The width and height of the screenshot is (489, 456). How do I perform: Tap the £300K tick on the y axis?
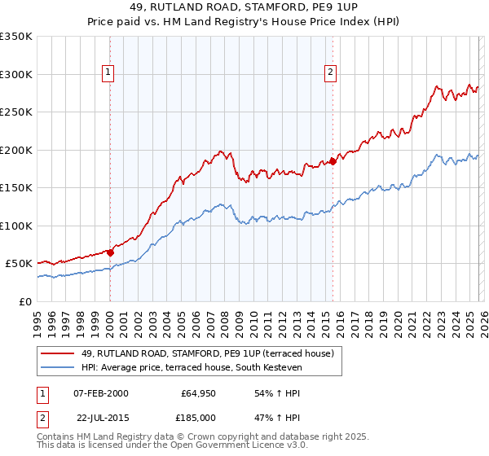coord(16,74)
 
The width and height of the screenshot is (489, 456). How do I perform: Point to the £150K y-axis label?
coord(16,187)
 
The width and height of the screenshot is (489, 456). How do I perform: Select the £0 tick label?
coord(24,301)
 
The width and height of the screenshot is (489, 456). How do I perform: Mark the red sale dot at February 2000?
coord(110,252)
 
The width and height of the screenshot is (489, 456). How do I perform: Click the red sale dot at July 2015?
coord(333,161)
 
